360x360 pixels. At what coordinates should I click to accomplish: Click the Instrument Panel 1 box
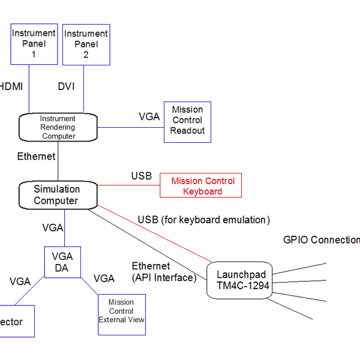click(x=34, y=44)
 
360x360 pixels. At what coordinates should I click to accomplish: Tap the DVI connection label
click(x=67, y=86)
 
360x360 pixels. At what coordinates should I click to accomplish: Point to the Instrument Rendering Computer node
click(x=58, y=127)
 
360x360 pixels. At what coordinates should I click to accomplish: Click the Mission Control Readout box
click(x=188, y=122)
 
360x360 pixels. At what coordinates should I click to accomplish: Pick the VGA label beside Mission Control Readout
click(x=149, y=116)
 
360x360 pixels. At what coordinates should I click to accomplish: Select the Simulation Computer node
click(x=57, y=195)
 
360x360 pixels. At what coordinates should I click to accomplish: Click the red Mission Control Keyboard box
click(x=200, y=186)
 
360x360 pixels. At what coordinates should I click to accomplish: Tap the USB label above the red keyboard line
click(x=142, y=176)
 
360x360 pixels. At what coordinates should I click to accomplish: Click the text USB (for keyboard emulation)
click(x=204, y=220)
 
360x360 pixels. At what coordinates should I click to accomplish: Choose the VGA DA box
click(x=62, y=262)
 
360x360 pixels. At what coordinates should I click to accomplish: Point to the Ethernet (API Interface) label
click(x=163, y=271)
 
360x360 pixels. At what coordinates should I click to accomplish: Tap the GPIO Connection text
click(x=321, y=240)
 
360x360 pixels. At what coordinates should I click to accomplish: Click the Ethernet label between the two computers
click(x=36, y=157)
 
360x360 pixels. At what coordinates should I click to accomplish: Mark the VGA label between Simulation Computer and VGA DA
click(x=53, y=228)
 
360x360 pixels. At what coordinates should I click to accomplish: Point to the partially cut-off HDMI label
click(x=12, y=86)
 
